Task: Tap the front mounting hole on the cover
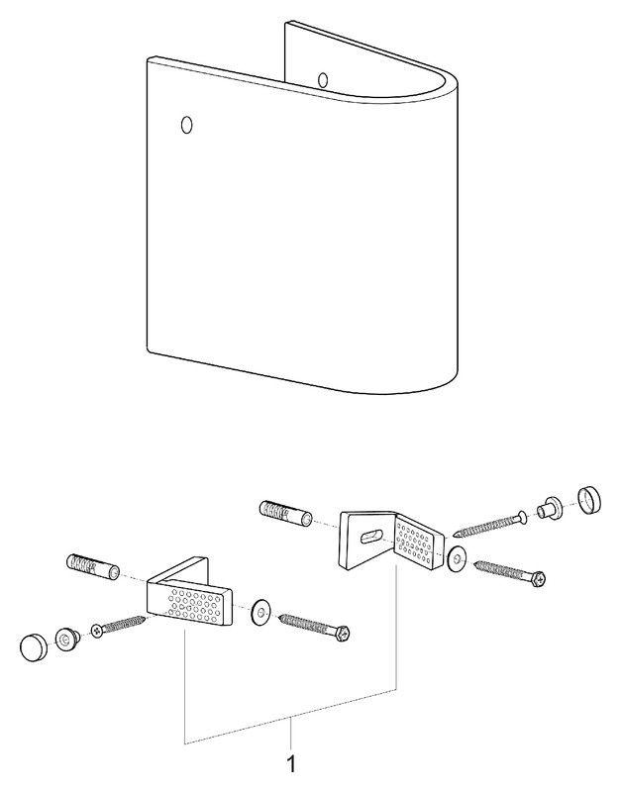tap(186, 125)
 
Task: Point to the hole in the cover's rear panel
tap(323, 80)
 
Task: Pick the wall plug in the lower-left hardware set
tap(93, 566)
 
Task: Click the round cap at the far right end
tap(589, 501)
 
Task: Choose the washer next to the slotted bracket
tap(458, 558)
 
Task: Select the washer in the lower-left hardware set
tap(260, 613)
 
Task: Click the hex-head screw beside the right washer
tap(511, 573)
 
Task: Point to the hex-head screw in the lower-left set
tap(314, 627)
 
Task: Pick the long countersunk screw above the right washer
tap(490, 526)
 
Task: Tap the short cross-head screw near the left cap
tap(118, 625)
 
